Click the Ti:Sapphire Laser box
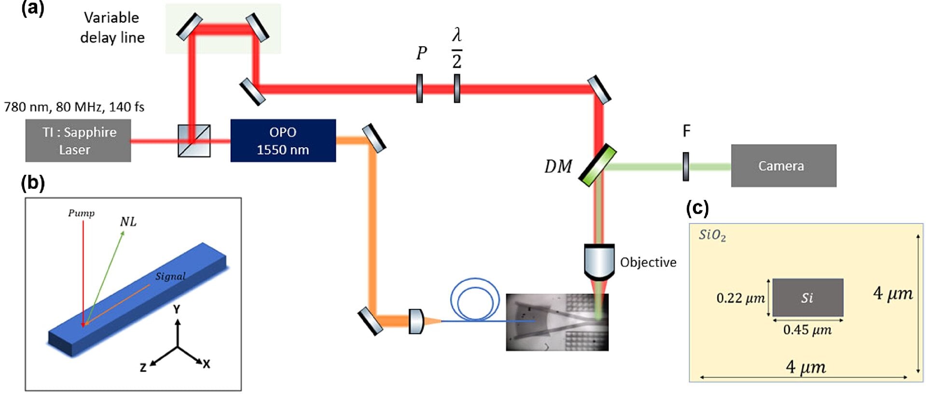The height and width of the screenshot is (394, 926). point(78,141)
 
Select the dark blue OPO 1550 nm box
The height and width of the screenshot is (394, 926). point(283,141)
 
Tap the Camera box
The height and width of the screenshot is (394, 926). point(783,166)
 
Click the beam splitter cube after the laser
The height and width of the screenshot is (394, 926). point(194,141)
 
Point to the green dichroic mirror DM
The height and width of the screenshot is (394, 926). point(597,165)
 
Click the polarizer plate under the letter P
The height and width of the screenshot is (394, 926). point(419,88)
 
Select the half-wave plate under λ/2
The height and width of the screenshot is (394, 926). point(456,88)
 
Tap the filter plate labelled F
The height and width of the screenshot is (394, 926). point(686,167)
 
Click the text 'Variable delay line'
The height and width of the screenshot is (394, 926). point(112,28)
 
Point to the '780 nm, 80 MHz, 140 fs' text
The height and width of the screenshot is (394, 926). point(74,107)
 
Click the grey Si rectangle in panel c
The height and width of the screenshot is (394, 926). point(808,297)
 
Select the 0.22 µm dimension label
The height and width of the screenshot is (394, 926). point(740,298)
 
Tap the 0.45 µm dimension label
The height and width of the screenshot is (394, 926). point(807,330)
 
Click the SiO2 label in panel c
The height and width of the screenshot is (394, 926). point(712,235)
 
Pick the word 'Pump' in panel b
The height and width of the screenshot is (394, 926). point(81,213)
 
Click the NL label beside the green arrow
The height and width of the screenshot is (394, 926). point(128,222)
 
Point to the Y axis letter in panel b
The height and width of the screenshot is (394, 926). point(177,309)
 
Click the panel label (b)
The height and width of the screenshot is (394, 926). point(33,183)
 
